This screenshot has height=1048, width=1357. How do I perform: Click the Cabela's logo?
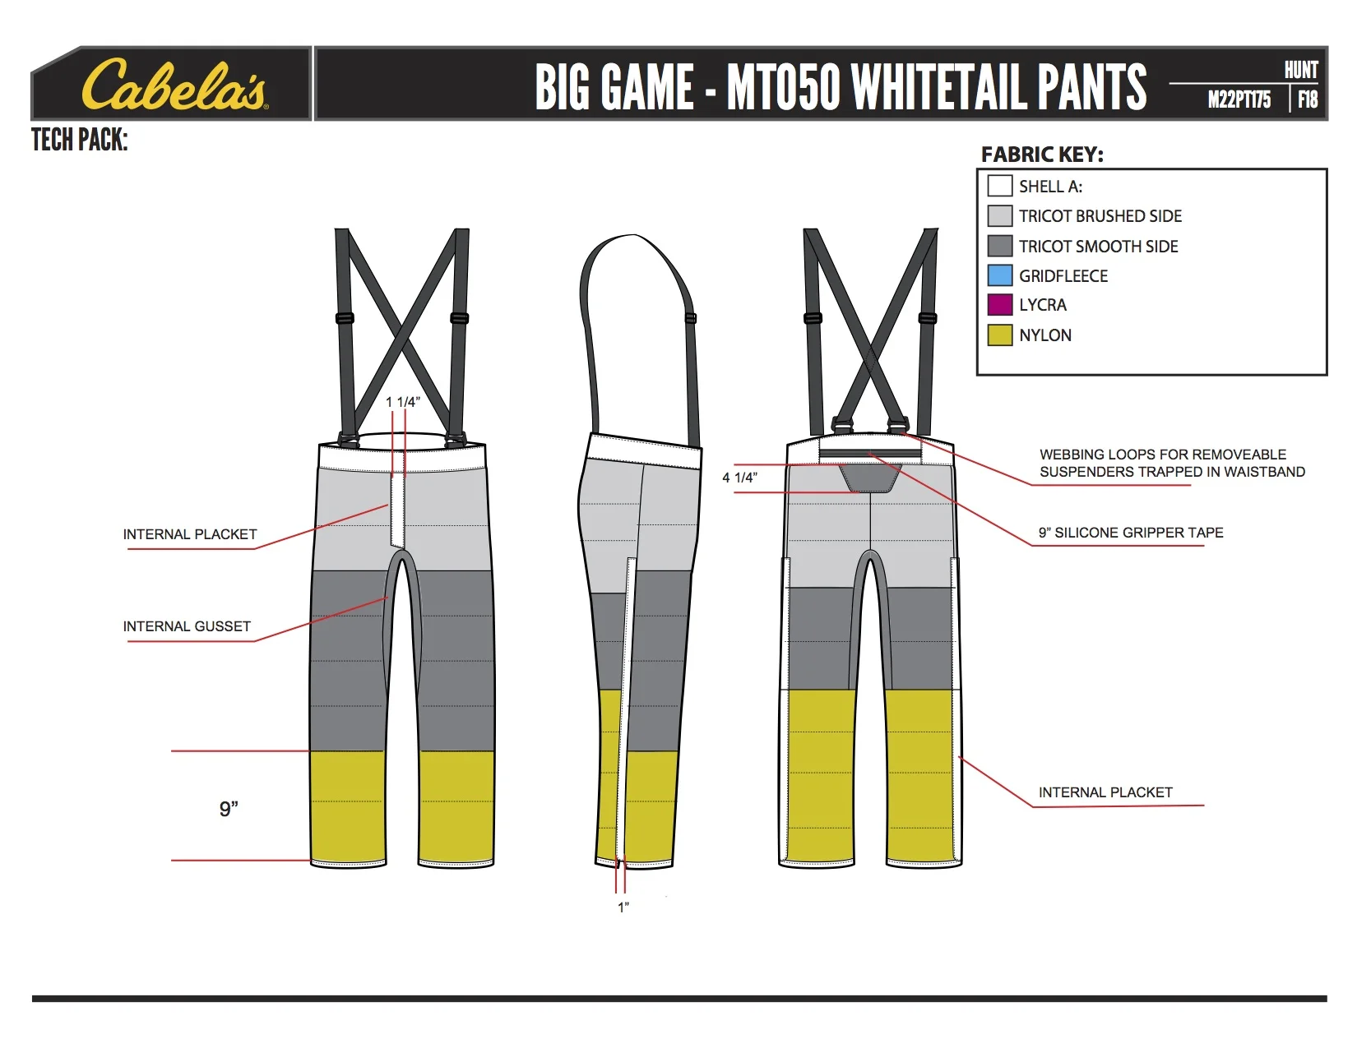coord(174,85)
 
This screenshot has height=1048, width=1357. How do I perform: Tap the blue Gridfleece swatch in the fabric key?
coord(999,275)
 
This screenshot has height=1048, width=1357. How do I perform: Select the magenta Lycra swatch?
coord(999,305)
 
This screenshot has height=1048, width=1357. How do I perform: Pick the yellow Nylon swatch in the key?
coord(999,335)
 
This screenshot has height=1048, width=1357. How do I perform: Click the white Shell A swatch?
coord(999,186)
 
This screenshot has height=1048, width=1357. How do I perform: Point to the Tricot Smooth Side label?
coord(1098,246)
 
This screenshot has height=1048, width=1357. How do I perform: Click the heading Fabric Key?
coord(1042,155)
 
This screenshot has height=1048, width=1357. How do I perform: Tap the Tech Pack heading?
coord(80,140)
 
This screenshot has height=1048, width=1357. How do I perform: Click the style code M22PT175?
coord(1239,99)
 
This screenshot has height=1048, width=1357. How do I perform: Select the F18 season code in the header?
coord(1308,99)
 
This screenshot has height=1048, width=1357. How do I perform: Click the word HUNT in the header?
coord(1301,70)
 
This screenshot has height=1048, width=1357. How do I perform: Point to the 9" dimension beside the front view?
coord(229,809)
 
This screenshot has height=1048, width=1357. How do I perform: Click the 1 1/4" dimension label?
coord(403,402)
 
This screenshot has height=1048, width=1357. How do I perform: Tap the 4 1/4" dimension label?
coord(739,478)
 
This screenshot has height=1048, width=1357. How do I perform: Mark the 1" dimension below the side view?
coord(623,907)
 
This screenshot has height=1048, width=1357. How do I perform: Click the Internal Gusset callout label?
coord(187,626)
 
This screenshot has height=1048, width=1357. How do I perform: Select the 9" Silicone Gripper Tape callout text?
coord(1131,533)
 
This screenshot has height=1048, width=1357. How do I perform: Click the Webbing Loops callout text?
coord(1172,463)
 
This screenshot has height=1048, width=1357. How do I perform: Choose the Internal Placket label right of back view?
coord(1105,792)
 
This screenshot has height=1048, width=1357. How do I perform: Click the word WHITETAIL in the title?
coord(938,86)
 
